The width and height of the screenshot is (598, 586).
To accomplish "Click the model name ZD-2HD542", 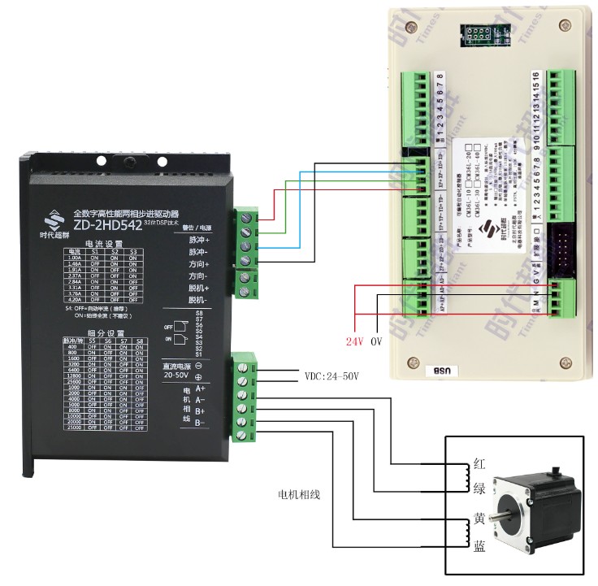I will click(x=107, y=224).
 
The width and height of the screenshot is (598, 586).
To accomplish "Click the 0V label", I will click(x=376, y=342).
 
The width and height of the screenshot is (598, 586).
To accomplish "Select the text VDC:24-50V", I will click(x=332, y=376).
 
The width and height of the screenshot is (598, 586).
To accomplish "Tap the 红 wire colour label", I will click(x=480, y=466).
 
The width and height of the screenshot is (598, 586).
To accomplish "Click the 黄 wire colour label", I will click(x=480, y=519).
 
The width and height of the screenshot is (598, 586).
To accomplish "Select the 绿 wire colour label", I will click(x=480, y=489).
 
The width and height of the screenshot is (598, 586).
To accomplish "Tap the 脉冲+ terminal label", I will click(x=199, y=241).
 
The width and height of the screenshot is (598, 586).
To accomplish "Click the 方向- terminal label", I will click(x=199, y=276).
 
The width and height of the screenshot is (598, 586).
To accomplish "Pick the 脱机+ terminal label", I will click(x=199, y=289).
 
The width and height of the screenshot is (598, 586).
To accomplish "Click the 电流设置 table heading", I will click(x=104, y=244).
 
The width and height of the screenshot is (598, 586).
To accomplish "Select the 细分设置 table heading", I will click(x=104, y=333).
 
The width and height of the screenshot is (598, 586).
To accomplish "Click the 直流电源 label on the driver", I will click(x=171, y=367).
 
